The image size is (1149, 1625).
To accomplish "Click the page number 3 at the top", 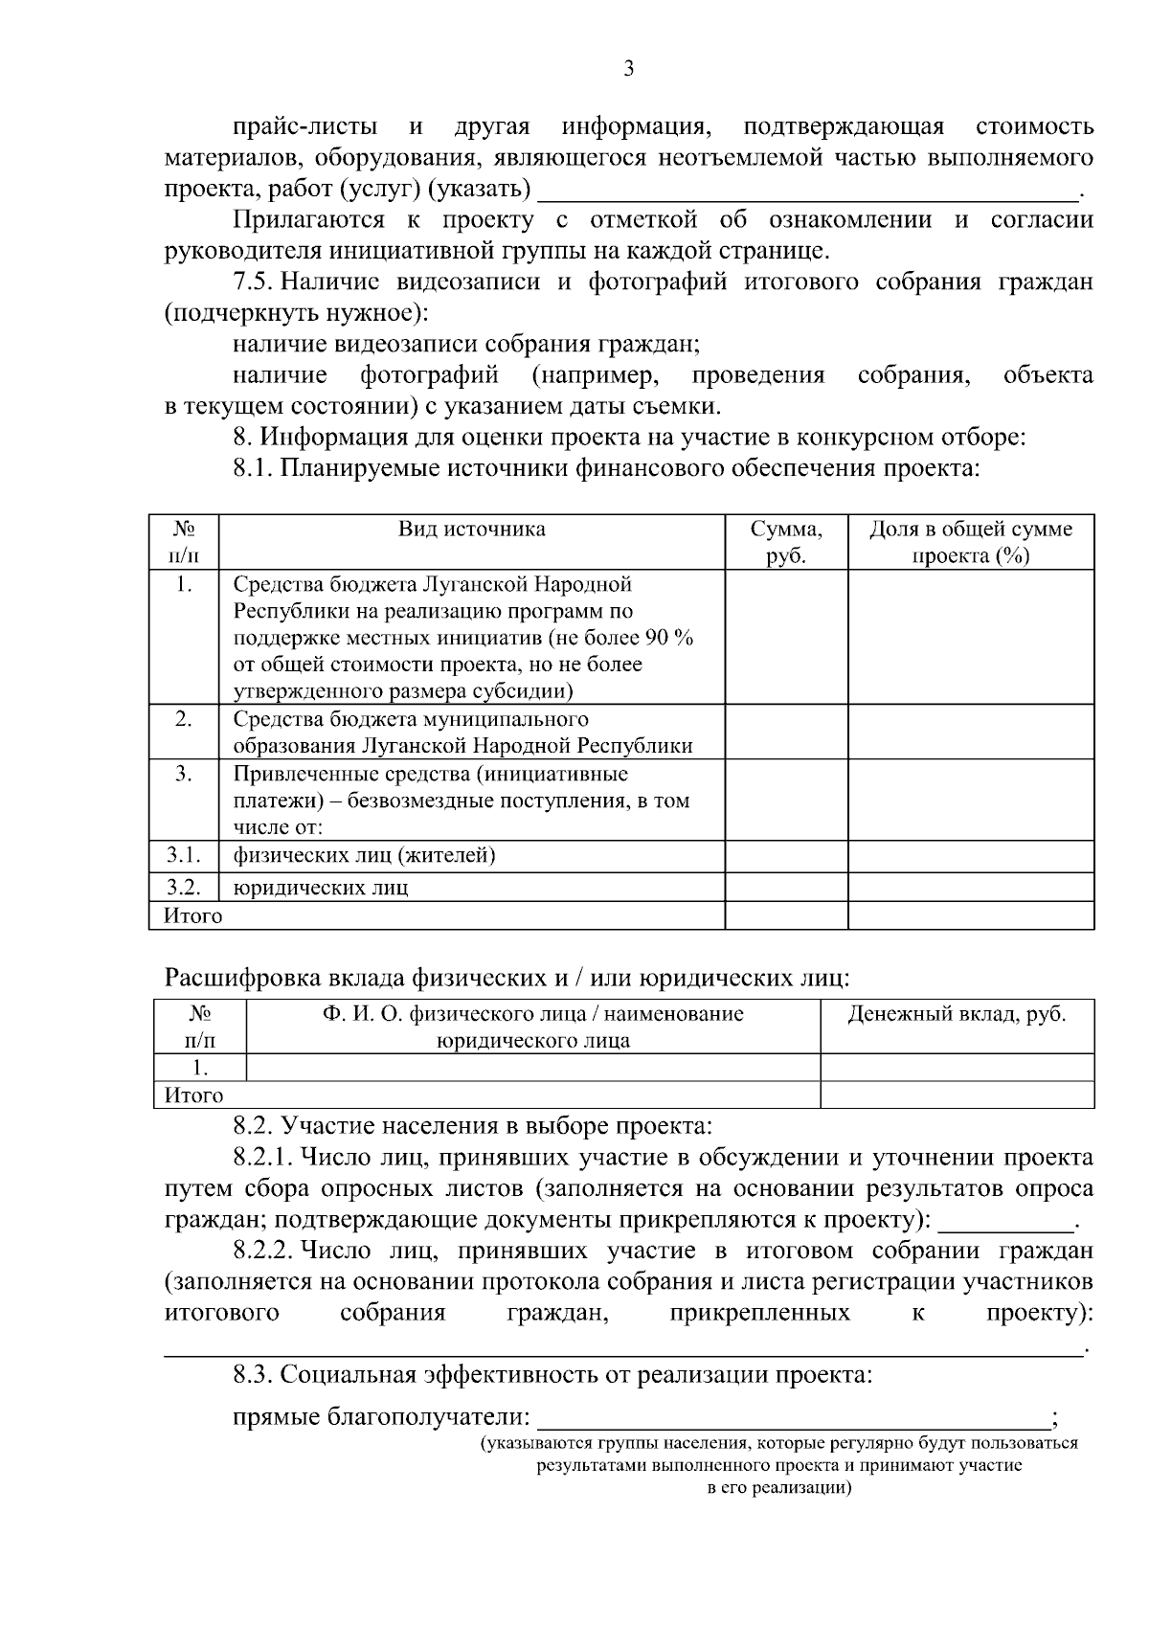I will coord(629,69).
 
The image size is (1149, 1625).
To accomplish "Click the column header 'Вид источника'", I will coord(472,530).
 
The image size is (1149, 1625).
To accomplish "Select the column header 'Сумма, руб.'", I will coord(785,542).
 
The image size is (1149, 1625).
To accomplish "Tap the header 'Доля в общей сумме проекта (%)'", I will coord(970,542).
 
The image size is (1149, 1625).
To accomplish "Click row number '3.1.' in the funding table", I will coord(183,855).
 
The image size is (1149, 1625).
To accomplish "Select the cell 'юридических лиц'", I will coord(321,888).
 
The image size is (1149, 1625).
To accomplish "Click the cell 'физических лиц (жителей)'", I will coord(364,855).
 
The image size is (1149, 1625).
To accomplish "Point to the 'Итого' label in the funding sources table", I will coord(193,916).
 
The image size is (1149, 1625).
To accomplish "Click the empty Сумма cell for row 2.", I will coord(785,733).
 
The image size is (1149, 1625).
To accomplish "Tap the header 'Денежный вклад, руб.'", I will coord(957,1014).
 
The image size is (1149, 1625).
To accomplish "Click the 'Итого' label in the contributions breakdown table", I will coord(193,1095).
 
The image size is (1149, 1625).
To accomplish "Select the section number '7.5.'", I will coord(254,282).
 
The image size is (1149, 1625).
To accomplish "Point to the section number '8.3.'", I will coord(254,1376).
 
